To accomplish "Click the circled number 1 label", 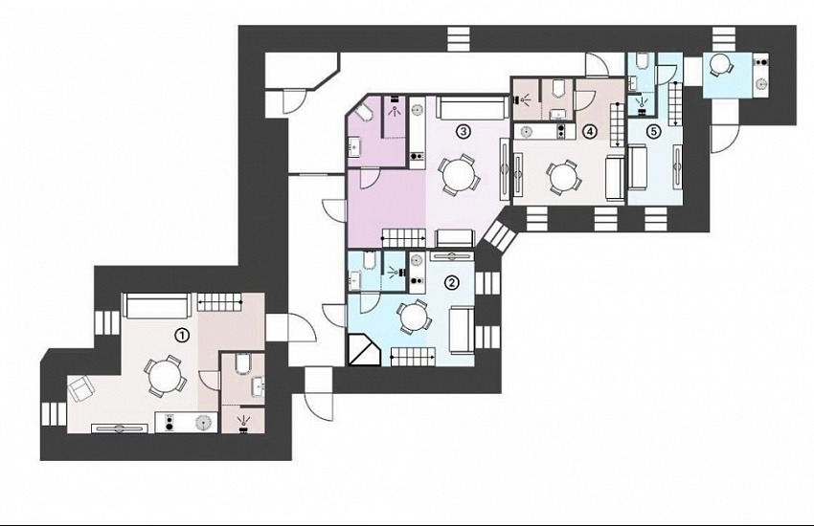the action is (181, 336).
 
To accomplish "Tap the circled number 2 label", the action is (452, 282).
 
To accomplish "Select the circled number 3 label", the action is (463, 132).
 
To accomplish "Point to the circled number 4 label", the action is (589, 132).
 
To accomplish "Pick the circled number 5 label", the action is (653, 132).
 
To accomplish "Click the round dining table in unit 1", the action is (165, 377).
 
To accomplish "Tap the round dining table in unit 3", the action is (460, 175).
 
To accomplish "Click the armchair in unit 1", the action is (81, 387).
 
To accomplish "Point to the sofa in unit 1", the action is (155, 306).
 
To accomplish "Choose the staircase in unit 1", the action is (219, 301).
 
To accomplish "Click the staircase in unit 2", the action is (414, 357).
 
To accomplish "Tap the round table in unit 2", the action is (415, 317).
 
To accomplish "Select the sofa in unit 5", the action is (638, 168).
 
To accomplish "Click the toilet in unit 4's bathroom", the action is (558, 88).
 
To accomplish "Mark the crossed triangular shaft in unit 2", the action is (363, 351).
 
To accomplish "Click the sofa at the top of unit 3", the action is (471, 107).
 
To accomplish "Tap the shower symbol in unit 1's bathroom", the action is (242, 423).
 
